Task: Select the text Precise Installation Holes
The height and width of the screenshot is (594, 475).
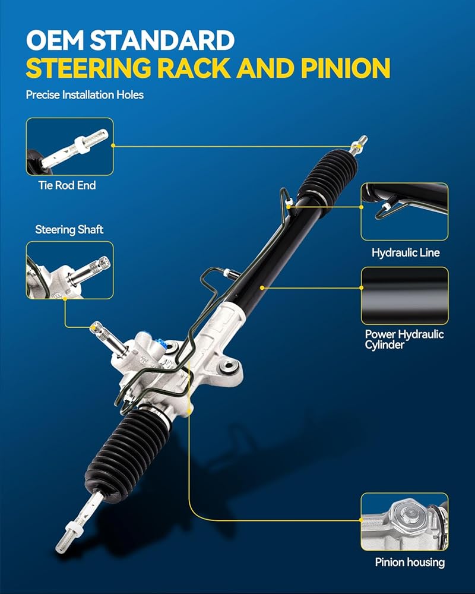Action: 84,94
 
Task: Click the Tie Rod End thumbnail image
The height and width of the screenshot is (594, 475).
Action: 69,146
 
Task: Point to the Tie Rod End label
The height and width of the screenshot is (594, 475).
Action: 67,185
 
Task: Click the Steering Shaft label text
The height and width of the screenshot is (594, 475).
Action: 69,229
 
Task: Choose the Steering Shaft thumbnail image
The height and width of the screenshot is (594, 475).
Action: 69,270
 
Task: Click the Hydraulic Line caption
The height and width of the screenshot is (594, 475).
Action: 406,252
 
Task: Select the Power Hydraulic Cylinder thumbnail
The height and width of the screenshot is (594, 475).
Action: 404,296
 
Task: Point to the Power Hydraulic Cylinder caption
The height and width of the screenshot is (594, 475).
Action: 404,339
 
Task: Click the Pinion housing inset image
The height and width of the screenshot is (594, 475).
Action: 404,521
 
